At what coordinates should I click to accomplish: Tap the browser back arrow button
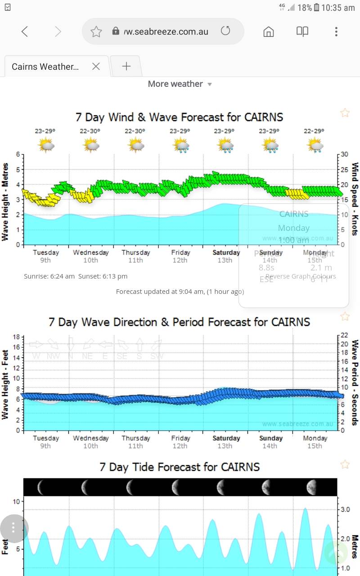[x=25, y=31]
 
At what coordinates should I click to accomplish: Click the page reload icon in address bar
[x=225, y=31]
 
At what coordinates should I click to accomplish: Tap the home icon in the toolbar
[x=269, y=31]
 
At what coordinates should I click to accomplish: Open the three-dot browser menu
[x=336, y=31]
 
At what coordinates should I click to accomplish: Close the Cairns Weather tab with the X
[x=96, y=67]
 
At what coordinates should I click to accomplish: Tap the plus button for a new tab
[x=126, y=67]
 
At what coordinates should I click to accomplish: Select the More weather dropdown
[x=180, y=84]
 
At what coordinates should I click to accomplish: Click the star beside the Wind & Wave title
[x=345, y=113]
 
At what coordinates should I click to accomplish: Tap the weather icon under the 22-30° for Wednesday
[x=91, y=145]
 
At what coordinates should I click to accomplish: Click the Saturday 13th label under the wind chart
[x=226, y=256]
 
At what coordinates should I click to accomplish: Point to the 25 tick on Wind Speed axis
[x=344, y=169]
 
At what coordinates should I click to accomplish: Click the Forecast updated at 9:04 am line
[x=180, y=292]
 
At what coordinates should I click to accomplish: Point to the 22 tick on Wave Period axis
[x=344, y=336]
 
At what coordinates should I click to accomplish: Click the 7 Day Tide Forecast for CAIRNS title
[x=180, y=467]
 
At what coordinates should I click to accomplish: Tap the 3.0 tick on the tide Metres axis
[x=345, y=509]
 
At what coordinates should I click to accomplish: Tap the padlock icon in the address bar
[x=116, y=31]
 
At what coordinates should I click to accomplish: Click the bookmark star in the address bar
[x=96, y=31]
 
